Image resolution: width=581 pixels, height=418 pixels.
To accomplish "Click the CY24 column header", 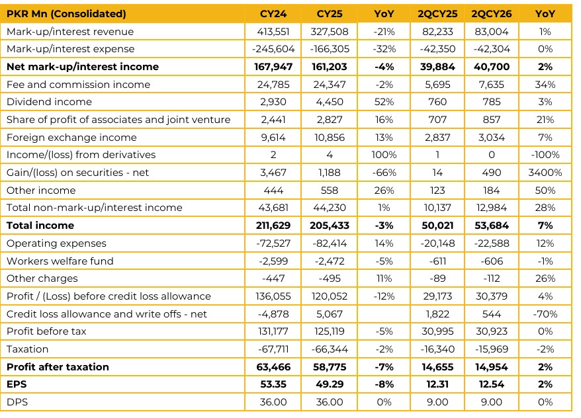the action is click(x=273, y=14).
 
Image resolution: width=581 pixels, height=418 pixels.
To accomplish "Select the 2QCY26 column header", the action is click(x=491, y=14).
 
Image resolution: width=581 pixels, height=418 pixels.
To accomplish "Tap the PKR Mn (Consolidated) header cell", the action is click(x=66, y=14).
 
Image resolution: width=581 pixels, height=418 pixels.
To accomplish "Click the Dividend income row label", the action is click(x=49, y=102).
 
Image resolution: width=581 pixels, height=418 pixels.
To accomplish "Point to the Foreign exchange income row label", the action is click(x=71, y=138).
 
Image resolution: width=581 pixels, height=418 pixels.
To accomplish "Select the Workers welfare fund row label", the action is click(x=60, y=261).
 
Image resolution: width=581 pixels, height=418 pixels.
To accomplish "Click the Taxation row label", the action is click(x=27, y=349).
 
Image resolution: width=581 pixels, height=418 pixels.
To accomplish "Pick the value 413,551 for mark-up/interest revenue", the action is click(x=273, y=32).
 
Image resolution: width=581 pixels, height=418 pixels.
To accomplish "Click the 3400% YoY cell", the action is click(x=545, y=173).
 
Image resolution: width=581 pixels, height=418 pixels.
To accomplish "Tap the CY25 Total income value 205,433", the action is click(x=330, y=226).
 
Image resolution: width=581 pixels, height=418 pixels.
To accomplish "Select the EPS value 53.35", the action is click(x=273, y=384).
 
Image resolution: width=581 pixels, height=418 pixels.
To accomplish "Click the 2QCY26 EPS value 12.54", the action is click(x=491, y=384).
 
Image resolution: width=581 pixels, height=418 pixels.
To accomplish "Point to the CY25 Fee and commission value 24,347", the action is click(x=330, y=85).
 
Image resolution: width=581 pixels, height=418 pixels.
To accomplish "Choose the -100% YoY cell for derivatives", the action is click(x=545, y=155).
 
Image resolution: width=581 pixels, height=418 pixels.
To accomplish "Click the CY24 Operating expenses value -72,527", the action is click(x=273, y=243).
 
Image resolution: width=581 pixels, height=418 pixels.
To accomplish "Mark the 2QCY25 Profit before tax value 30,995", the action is click(x=437, y=331).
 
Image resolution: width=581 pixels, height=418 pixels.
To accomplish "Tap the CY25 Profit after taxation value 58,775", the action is click(x=330, y=367).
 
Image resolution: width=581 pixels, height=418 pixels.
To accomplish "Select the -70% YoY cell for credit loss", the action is click(x=545, y=314).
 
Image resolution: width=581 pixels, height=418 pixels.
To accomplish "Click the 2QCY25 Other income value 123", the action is click(x=437, y=190).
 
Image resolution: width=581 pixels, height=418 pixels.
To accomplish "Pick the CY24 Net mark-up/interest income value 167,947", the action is click(x=273, y=67).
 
